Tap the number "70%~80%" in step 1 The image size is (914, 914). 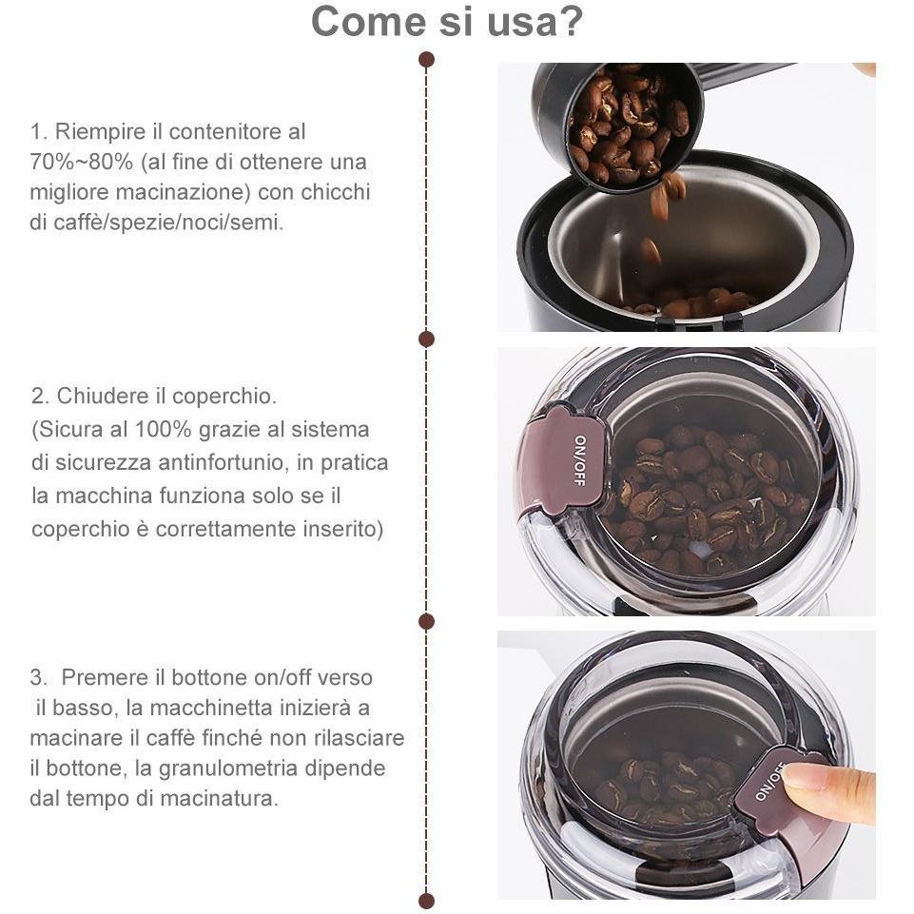tap(82, 162)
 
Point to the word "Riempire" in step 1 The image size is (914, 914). tap(100, 132)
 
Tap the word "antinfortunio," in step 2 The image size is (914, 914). tap(224, 463)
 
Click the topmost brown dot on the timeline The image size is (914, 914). tap(427, 60)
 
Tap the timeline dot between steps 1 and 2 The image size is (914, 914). tap(427, 339)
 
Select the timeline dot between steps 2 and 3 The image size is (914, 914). tap(427, 621)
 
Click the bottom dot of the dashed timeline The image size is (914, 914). tap(427, 902)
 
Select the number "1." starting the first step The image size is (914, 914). tap(38, 132)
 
